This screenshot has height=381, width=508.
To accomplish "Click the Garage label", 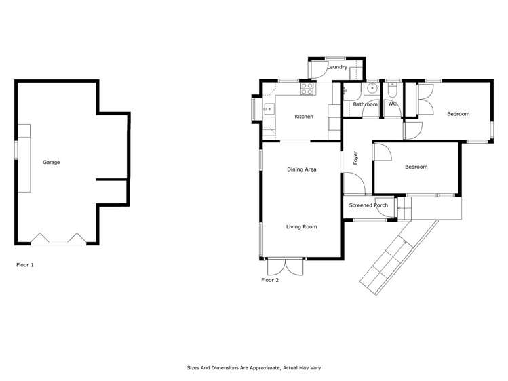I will pos(52,163).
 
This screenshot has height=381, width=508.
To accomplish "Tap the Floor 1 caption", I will pos(24,265).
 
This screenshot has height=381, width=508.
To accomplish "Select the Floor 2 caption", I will pos(270,280).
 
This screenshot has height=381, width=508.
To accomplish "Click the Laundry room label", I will pos(337,68).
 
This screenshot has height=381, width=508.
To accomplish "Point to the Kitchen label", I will pos(304,117).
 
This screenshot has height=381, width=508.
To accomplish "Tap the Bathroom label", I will pos(365,104).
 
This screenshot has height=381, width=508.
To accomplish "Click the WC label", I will pos(393,104).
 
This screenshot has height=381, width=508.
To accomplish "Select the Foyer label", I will pos(355,158).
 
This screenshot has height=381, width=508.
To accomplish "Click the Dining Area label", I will pos(302,169).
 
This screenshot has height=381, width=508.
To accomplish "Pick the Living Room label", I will pos(301,227).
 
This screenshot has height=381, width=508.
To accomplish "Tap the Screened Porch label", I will pos(368,205).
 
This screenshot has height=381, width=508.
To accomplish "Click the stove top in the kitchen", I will pos(307,87).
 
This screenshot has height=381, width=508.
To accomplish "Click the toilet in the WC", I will pos(393,90).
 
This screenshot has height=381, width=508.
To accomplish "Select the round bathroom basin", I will pos(372,89).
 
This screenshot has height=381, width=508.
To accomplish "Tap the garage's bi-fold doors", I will pos(58,239).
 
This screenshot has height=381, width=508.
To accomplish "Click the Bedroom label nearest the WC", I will pos(458,114).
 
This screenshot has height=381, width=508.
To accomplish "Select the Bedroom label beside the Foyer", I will pos(416,167).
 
